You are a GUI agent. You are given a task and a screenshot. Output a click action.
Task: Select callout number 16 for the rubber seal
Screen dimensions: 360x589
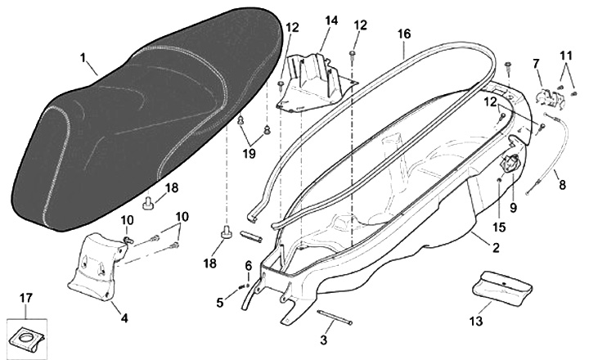tap(403, 34)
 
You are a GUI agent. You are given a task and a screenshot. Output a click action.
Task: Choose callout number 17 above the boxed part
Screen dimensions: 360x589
tap(25, 298)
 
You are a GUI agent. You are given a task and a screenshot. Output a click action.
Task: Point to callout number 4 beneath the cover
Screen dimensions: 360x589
tap(124, 317)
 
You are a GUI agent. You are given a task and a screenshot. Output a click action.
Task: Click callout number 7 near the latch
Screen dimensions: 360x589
tap(537, 63)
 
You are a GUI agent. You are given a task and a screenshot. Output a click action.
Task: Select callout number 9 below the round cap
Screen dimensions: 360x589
tap(513, 208)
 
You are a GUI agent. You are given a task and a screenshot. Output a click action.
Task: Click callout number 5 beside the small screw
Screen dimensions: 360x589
tap(220, 303)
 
